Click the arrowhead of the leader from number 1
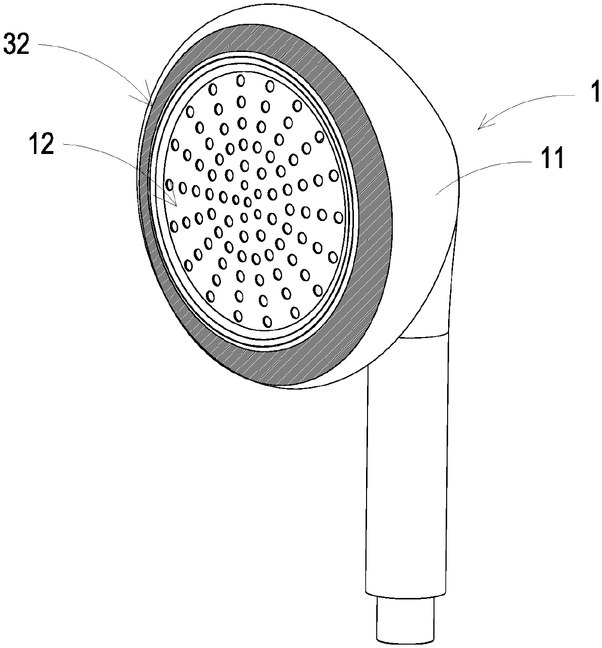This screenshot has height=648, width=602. pos(480,128)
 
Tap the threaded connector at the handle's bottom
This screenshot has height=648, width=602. pos(405,622)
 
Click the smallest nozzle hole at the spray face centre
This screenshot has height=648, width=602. pos(245,185)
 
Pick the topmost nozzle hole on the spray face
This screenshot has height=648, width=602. pos(240,80)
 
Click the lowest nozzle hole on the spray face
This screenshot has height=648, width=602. pos(267,321)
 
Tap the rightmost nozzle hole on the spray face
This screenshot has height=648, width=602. pos(334,174)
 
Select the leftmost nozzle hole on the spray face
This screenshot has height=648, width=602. pos(169,184)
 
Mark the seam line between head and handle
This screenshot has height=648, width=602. pos(422,335)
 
